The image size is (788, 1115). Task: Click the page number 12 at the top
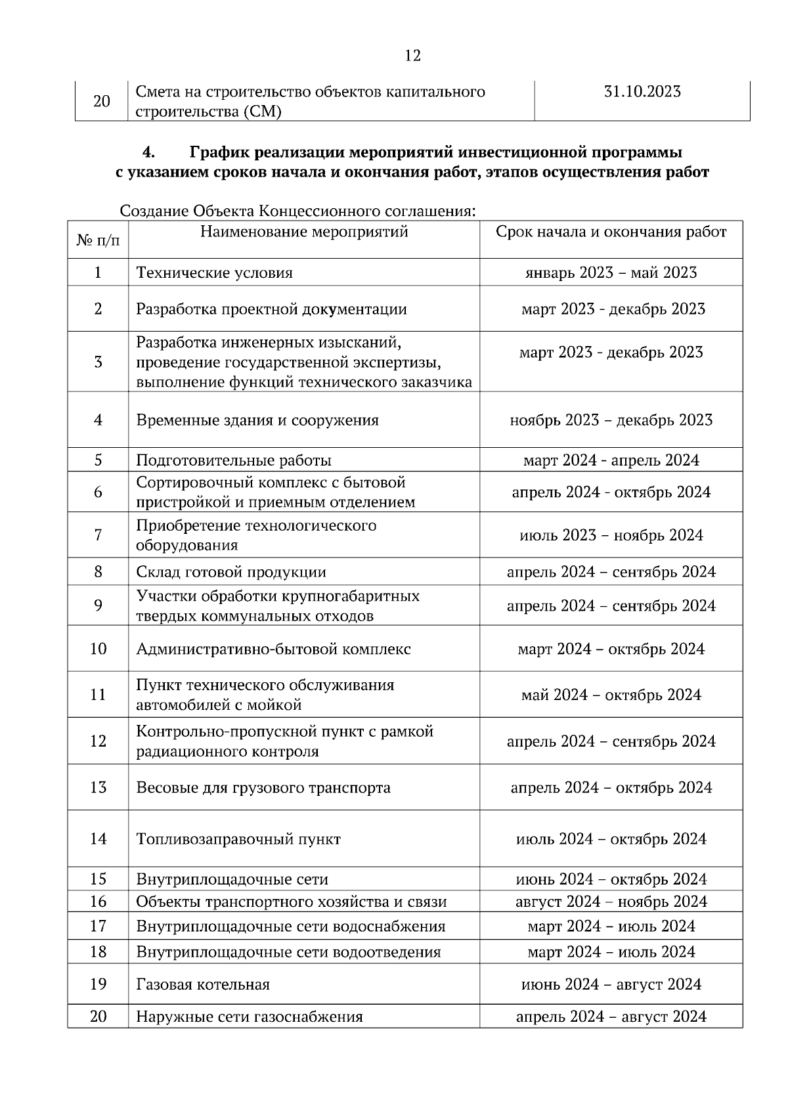pos(412,56)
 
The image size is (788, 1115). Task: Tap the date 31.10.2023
pos(642,92)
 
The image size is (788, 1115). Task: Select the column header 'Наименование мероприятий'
pos(303,232)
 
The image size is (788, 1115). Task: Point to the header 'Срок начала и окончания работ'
pos(611,232)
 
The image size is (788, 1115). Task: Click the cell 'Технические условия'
pos(214,273)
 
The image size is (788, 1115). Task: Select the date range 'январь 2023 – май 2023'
pos(611,273)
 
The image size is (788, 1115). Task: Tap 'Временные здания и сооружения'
pos(257,420)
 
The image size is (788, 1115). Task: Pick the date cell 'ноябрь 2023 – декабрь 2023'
pos(611,420)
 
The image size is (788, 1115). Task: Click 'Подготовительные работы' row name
pos(234,460)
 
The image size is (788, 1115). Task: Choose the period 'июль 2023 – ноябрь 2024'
pos(611,536)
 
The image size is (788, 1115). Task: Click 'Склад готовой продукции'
pos(231,572)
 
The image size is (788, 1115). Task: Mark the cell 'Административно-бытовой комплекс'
pos(273,649)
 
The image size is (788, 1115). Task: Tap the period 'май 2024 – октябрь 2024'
pos(611,695)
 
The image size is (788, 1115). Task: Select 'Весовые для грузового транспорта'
pos(263,787)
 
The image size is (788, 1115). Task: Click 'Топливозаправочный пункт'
pos(238,839)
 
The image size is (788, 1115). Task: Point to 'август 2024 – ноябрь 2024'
pos(611,902)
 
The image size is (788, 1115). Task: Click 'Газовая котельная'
pos(203,984)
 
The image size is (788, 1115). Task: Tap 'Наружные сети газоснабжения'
pos(250,1017)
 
